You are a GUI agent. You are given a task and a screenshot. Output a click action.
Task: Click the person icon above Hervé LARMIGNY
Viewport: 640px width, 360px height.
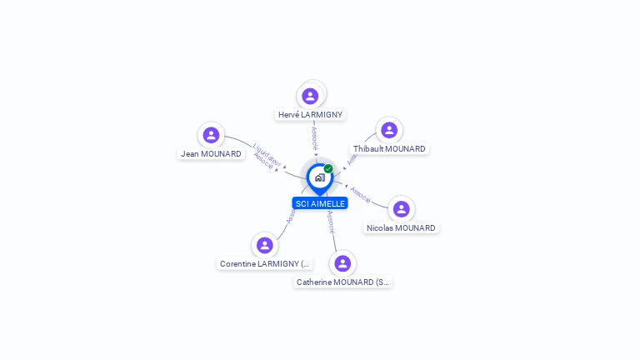pos(310,96)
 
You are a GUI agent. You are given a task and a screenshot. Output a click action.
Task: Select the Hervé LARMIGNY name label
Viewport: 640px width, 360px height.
pos(310,115)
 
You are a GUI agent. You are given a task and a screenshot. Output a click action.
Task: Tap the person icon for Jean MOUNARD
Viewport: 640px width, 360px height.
pos(212,135)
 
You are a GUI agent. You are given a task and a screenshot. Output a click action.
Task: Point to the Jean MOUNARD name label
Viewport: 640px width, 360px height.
pos(211,154)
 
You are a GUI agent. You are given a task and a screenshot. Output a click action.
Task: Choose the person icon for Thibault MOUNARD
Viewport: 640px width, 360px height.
pos(389,130)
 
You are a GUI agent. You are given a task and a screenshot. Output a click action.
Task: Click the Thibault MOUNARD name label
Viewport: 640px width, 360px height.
pos(389,149)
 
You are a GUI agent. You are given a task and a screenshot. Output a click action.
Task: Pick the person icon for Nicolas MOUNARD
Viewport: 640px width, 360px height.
pos(401,208)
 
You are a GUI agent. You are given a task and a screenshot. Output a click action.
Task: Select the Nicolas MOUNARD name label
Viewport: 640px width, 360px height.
pos(401,228)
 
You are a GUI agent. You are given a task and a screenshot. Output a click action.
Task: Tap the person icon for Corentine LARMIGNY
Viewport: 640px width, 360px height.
pos(265,245)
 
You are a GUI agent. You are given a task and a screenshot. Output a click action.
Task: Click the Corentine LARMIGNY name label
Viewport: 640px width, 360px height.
pos(265,264)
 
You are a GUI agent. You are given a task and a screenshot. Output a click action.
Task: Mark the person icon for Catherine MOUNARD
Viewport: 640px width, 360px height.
pos(342,263)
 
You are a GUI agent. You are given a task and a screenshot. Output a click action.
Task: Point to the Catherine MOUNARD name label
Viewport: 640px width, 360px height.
pos(342,282)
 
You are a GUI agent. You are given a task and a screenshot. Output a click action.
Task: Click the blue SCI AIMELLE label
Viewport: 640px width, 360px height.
pos(320,203)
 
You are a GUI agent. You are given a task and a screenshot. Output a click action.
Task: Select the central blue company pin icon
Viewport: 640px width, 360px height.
pos(319,177)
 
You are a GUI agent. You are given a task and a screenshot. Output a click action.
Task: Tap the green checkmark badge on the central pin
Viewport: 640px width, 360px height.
pos(328,168)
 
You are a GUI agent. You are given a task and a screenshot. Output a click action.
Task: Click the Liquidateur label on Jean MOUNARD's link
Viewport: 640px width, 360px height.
pos(267,156)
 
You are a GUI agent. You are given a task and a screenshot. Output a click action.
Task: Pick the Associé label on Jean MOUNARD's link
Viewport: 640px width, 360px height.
pos(263,163)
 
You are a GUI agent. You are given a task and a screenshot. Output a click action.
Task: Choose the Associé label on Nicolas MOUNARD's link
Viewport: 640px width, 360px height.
pos(360,194)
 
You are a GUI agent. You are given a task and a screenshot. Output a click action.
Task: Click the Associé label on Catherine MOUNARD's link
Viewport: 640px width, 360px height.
pos(331,221)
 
